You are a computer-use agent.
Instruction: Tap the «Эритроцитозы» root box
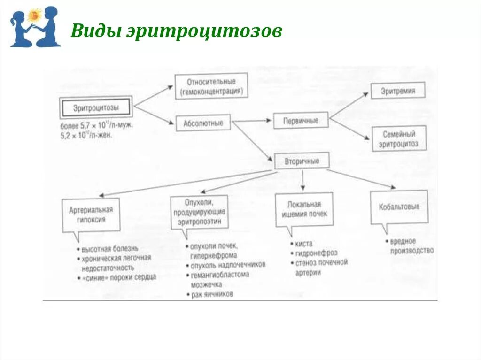(96, 108)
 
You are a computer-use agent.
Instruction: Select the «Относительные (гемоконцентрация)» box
(211, 86)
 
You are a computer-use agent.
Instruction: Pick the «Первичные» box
(301, 121)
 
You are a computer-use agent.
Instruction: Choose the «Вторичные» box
(302, 161)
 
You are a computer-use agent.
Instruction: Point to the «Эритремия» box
(397, 91)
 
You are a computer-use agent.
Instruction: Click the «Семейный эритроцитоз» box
(398, 138)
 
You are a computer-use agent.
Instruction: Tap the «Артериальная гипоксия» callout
(91, 214)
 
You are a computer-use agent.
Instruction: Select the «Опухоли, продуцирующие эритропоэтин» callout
(200, 212)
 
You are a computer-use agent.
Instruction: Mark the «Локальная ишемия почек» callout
(304, 209)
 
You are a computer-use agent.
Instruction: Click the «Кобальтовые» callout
(399, 207)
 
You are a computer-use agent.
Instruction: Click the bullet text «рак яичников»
(212, 295)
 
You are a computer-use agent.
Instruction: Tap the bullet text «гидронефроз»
(316, 253)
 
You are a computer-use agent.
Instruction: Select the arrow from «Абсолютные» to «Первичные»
(252, 121)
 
